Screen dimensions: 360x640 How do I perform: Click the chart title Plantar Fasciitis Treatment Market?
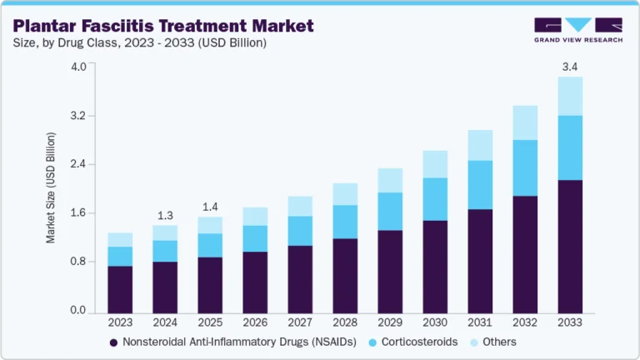click(x=163, y=26)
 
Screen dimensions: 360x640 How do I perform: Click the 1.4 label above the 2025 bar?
click(x=210, y=206)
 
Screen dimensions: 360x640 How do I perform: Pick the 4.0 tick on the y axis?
click(x=77, y=67)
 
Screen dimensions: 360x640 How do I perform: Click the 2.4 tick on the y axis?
click(x=77, y=164)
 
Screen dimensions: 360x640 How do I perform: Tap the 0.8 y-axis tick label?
click(x=77, y=262)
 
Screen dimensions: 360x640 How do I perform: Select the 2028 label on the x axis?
click(x=345, y=322)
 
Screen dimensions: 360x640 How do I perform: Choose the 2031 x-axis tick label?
click(x=480, y=322)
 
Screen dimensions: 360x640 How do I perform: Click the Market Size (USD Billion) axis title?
click(x=51, y=187)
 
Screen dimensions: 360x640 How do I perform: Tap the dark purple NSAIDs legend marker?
click(x=113, y=342)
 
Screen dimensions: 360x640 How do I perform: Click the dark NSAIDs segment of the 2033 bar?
click(x=570, y=245)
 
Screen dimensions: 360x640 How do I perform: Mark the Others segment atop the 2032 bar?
click(x=525, y=122)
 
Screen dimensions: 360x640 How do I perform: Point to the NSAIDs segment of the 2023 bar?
click(x=120, y=288)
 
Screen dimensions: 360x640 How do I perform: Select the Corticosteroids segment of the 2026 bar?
click(x=255, y=238)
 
